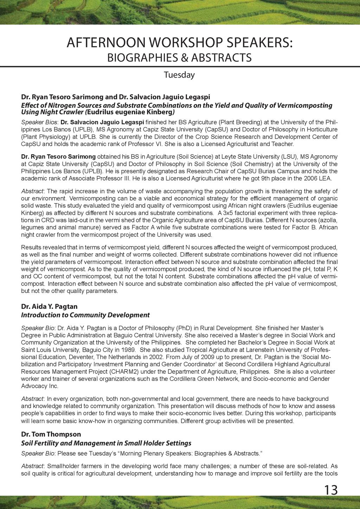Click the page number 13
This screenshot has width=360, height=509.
(x=331, y=490)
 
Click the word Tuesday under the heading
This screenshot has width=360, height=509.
(x=179, y=75)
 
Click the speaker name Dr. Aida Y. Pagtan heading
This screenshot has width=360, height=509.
(x=49, y=306)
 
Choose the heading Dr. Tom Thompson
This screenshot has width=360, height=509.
(x=51, y=434)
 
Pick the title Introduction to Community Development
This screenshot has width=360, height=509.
(x=85, y=315)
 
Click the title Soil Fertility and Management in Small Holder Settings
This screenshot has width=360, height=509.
(x=106, y=443)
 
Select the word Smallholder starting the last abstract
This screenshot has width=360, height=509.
(x=63, y=466)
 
